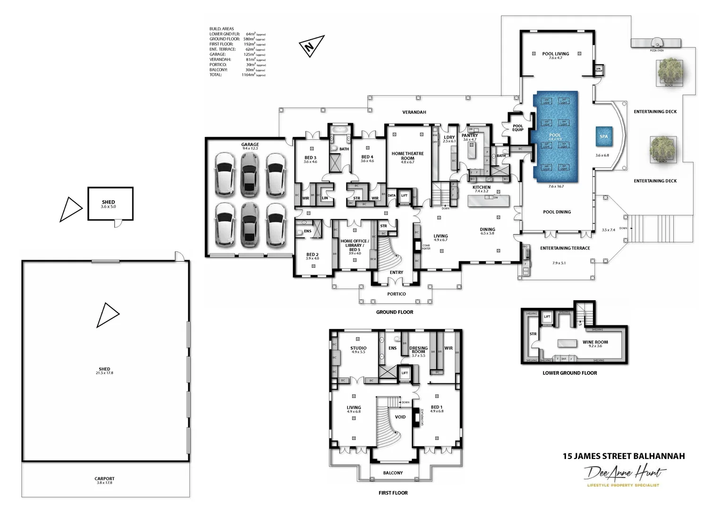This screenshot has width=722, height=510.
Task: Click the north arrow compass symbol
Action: [311, 46]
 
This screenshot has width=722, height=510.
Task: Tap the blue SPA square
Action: [603, 136]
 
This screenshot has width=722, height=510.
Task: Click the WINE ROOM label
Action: [595, 342]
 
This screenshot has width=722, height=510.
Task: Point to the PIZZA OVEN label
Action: [656, 50]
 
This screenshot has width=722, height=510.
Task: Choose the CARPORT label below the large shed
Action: [104, 479]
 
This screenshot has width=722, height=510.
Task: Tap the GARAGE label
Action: [250, 145]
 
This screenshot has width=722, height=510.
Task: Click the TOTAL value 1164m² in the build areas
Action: [248, 75]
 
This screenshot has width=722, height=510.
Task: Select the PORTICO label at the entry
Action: [396, 294]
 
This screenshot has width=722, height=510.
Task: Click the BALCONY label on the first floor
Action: [393, 473]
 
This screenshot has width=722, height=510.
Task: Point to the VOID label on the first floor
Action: [400, 417]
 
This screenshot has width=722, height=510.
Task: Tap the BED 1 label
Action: [437, 407]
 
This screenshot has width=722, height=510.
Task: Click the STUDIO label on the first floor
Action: [358, 348]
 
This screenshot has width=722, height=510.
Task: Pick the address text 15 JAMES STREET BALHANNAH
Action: [623, 456]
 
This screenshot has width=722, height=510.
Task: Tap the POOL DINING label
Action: [557, 212]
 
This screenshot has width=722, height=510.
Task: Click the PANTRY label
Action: [470, 136]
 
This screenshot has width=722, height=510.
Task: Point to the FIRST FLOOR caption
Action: [393, 493]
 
